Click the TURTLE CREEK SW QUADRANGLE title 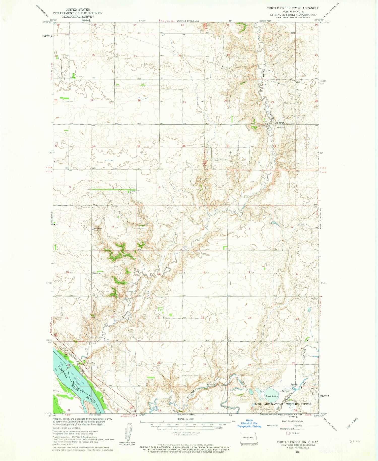click(x=293, y=8)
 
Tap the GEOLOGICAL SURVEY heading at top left click(x=77, y=17)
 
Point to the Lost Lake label click(x=272, y=396)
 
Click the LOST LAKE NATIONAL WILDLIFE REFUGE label click(x=283, y=404)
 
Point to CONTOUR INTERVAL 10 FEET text click(x=185, y=433)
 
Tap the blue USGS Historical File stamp click(x=249, y=425)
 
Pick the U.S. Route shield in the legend click(x=288, y=433)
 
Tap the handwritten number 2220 click(x=355, y=442)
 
